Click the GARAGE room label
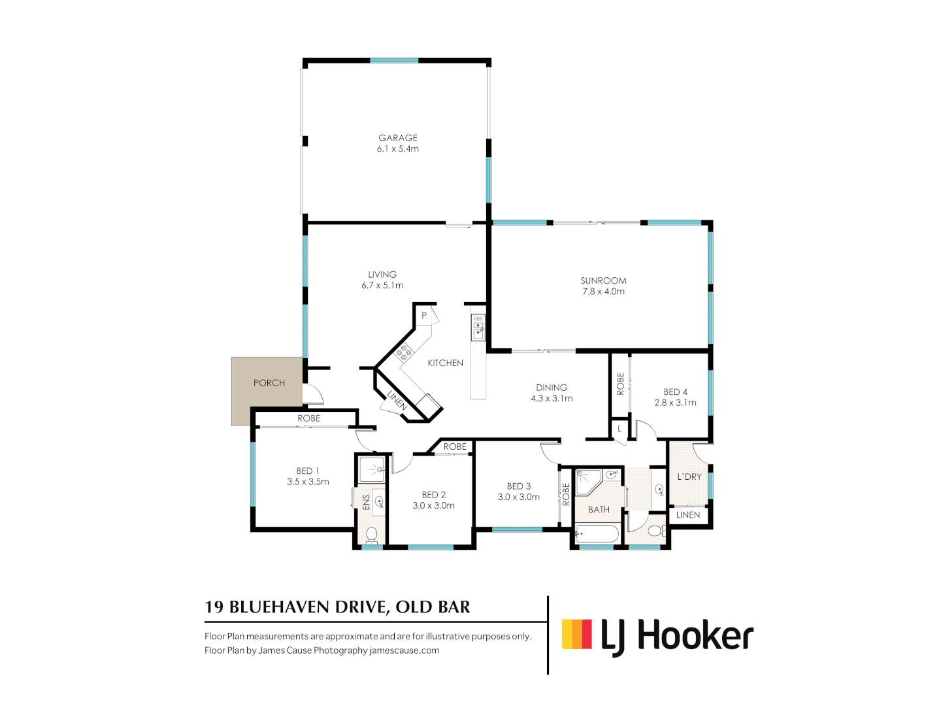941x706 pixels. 397,138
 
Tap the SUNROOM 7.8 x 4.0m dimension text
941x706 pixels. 603,292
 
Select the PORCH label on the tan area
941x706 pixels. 269,383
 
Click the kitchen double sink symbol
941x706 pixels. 478,328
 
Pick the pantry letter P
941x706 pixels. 424,316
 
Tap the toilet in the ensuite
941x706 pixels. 371,535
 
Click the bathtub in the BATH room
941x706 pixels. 597,534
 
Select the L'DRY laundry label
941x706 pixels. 689,477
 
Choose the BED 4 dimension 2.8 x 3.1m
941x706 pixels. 675,403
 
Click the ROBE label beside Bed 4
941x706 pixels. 620,383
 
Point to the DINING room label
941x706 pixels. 552,388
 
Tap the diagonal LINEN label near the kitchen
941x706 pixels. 396,400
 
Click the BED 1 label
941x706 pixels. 307,471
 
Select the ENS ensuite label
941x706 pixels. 366,502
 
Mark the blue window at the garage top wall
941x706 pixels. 394,61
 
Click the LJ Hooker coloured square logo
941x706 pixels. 576,633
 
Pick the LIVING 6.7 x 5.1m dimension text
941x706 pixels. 382,286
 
